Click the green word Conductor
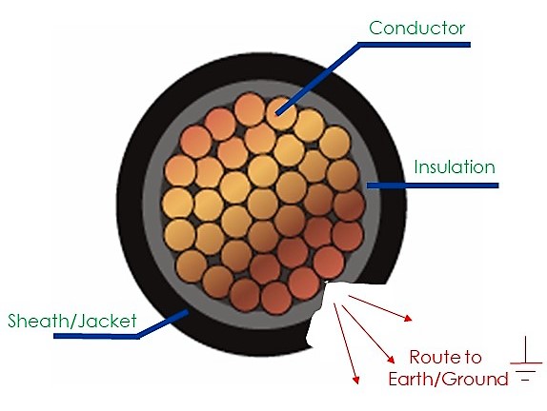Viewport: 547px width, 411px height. [x=416, y=28]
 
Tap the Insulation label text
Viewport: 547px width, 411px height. [x=455, y=166]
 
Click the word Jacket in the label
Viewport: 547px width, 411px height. [x=107, y=321]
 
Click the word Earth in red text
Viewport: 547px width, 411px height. [x=408, y=379]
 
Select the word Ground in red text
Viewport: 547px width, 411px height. [x=471, y=379]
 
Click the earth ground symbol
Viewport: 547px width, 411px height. [x=526, y=360]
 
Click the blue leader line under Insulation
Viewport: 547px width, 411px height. [x=433, y=186]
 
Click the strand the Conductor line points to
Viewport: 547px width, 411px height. [x=281, y=113]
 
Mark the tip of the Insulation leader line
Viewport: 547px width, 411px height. [x=367, y=186]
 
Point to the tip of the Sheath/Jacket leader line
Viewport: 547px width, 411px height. [x=188, y=311]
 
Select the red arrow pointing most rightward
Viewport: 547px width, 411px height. [x=380, y=308]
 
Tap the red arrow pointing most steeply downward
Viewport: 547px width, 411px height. [x=346, y=343]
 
